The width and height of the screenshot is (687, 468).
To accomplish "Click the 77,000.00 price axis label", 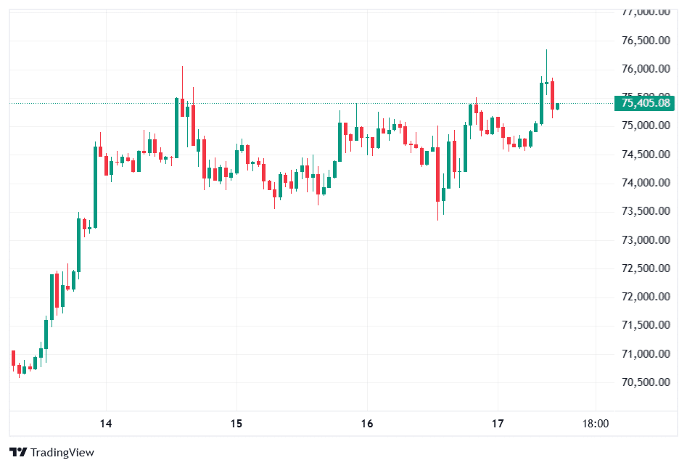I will [x=645, y=12].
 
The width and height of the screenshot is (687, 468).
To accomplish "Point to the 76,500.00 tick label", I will [x=645, y=41].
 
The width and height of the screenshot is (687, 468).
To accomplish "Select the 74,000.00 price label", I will [x=645, y=183].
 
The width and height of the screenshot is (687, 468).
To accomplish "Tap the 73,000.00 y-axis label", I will [x=645, y=240].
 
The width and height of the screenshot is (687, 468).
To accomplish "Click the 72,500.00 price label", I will [x=645, y=268].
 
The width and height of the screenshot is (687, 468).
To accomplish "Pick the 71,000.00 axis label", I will [x=645, y=354].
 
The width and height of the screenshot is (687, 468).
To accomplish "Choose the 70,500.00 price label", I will [x=645, y=382].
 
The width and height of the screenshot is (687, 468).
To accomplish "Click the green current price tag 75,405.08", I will [x=644, y=103].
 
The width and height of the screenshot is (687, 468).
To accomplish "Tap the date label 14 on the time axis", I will [x=106, y=424].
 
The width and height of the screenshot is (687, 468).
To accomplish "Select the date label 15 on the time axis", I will [x=236, y=424].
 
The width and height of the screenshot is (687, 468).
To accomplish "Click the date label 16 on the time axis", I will [x=367, y=424].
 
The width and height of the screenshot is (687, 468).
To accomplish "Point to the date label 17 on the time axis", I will [x=498, y=424].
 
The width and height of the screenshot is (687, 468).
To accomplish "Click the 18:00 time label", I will [x=596, y=424].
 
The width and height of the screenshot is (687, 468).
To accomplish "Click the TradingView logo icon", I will [x=18, y=453].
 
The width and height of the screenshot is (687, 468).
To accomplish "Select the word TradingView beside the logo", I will [x=62, y=453].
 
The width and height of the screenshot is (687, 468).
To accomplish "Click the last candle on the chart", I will [x=557, y=106].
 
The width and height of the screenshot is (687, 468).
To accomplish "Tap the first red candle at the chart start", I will [x=13, y=358].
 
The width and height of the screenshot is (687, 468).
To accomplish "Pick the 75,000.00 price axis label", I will [x=645, y=126].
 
